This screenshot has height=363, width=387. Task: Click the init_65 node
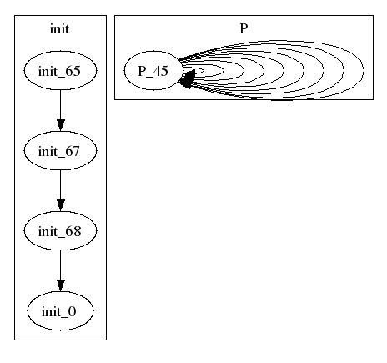60,70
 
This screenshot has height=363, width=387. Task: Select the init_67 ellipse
60,150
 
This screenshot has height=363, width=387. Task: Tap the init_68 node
60,230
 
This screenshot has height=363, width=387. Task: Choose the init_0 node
60,310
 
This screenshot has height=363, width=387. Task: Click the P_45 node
153,70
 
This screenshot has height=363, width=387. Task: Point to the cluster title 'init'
59,29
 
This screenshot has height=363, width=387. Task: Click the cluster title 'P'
244,28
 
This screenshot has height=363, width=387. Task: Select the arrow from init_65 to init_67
60,110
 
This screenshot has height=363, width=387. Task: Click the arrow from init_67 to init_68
60,190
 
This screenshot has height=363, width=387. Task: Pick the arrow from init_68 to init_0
60,270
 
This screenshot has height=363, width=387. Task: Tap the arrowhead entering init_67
60,125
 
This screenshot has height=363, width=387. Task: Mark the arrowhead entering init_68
60,205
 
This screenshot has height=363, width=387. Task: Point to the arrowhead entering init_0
60,285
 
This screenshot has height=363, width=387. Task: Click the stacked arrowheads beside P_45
188,79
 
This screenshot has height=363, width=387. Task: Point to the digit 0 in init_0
72,311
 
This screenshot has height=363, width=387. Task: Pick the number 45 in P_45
160,71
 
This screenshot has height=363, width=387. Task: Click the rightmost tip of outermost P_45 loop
364,71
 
